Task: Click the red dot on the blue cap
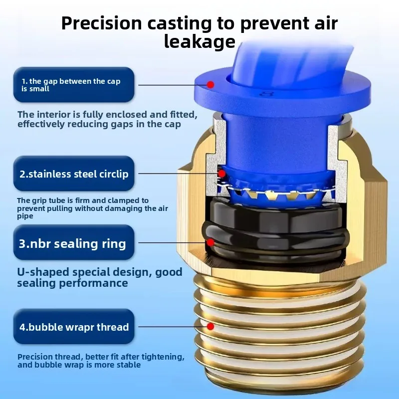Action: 211,85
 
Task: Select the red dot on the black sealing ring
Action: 211,243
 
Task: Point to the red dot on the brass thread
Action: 211,327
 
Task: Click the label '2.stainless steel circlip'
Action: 74,174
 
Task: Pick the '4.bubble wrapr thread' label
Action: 74,327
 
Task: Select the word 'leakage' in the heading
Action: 199,42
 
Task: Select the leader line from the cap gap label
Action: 170,85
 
